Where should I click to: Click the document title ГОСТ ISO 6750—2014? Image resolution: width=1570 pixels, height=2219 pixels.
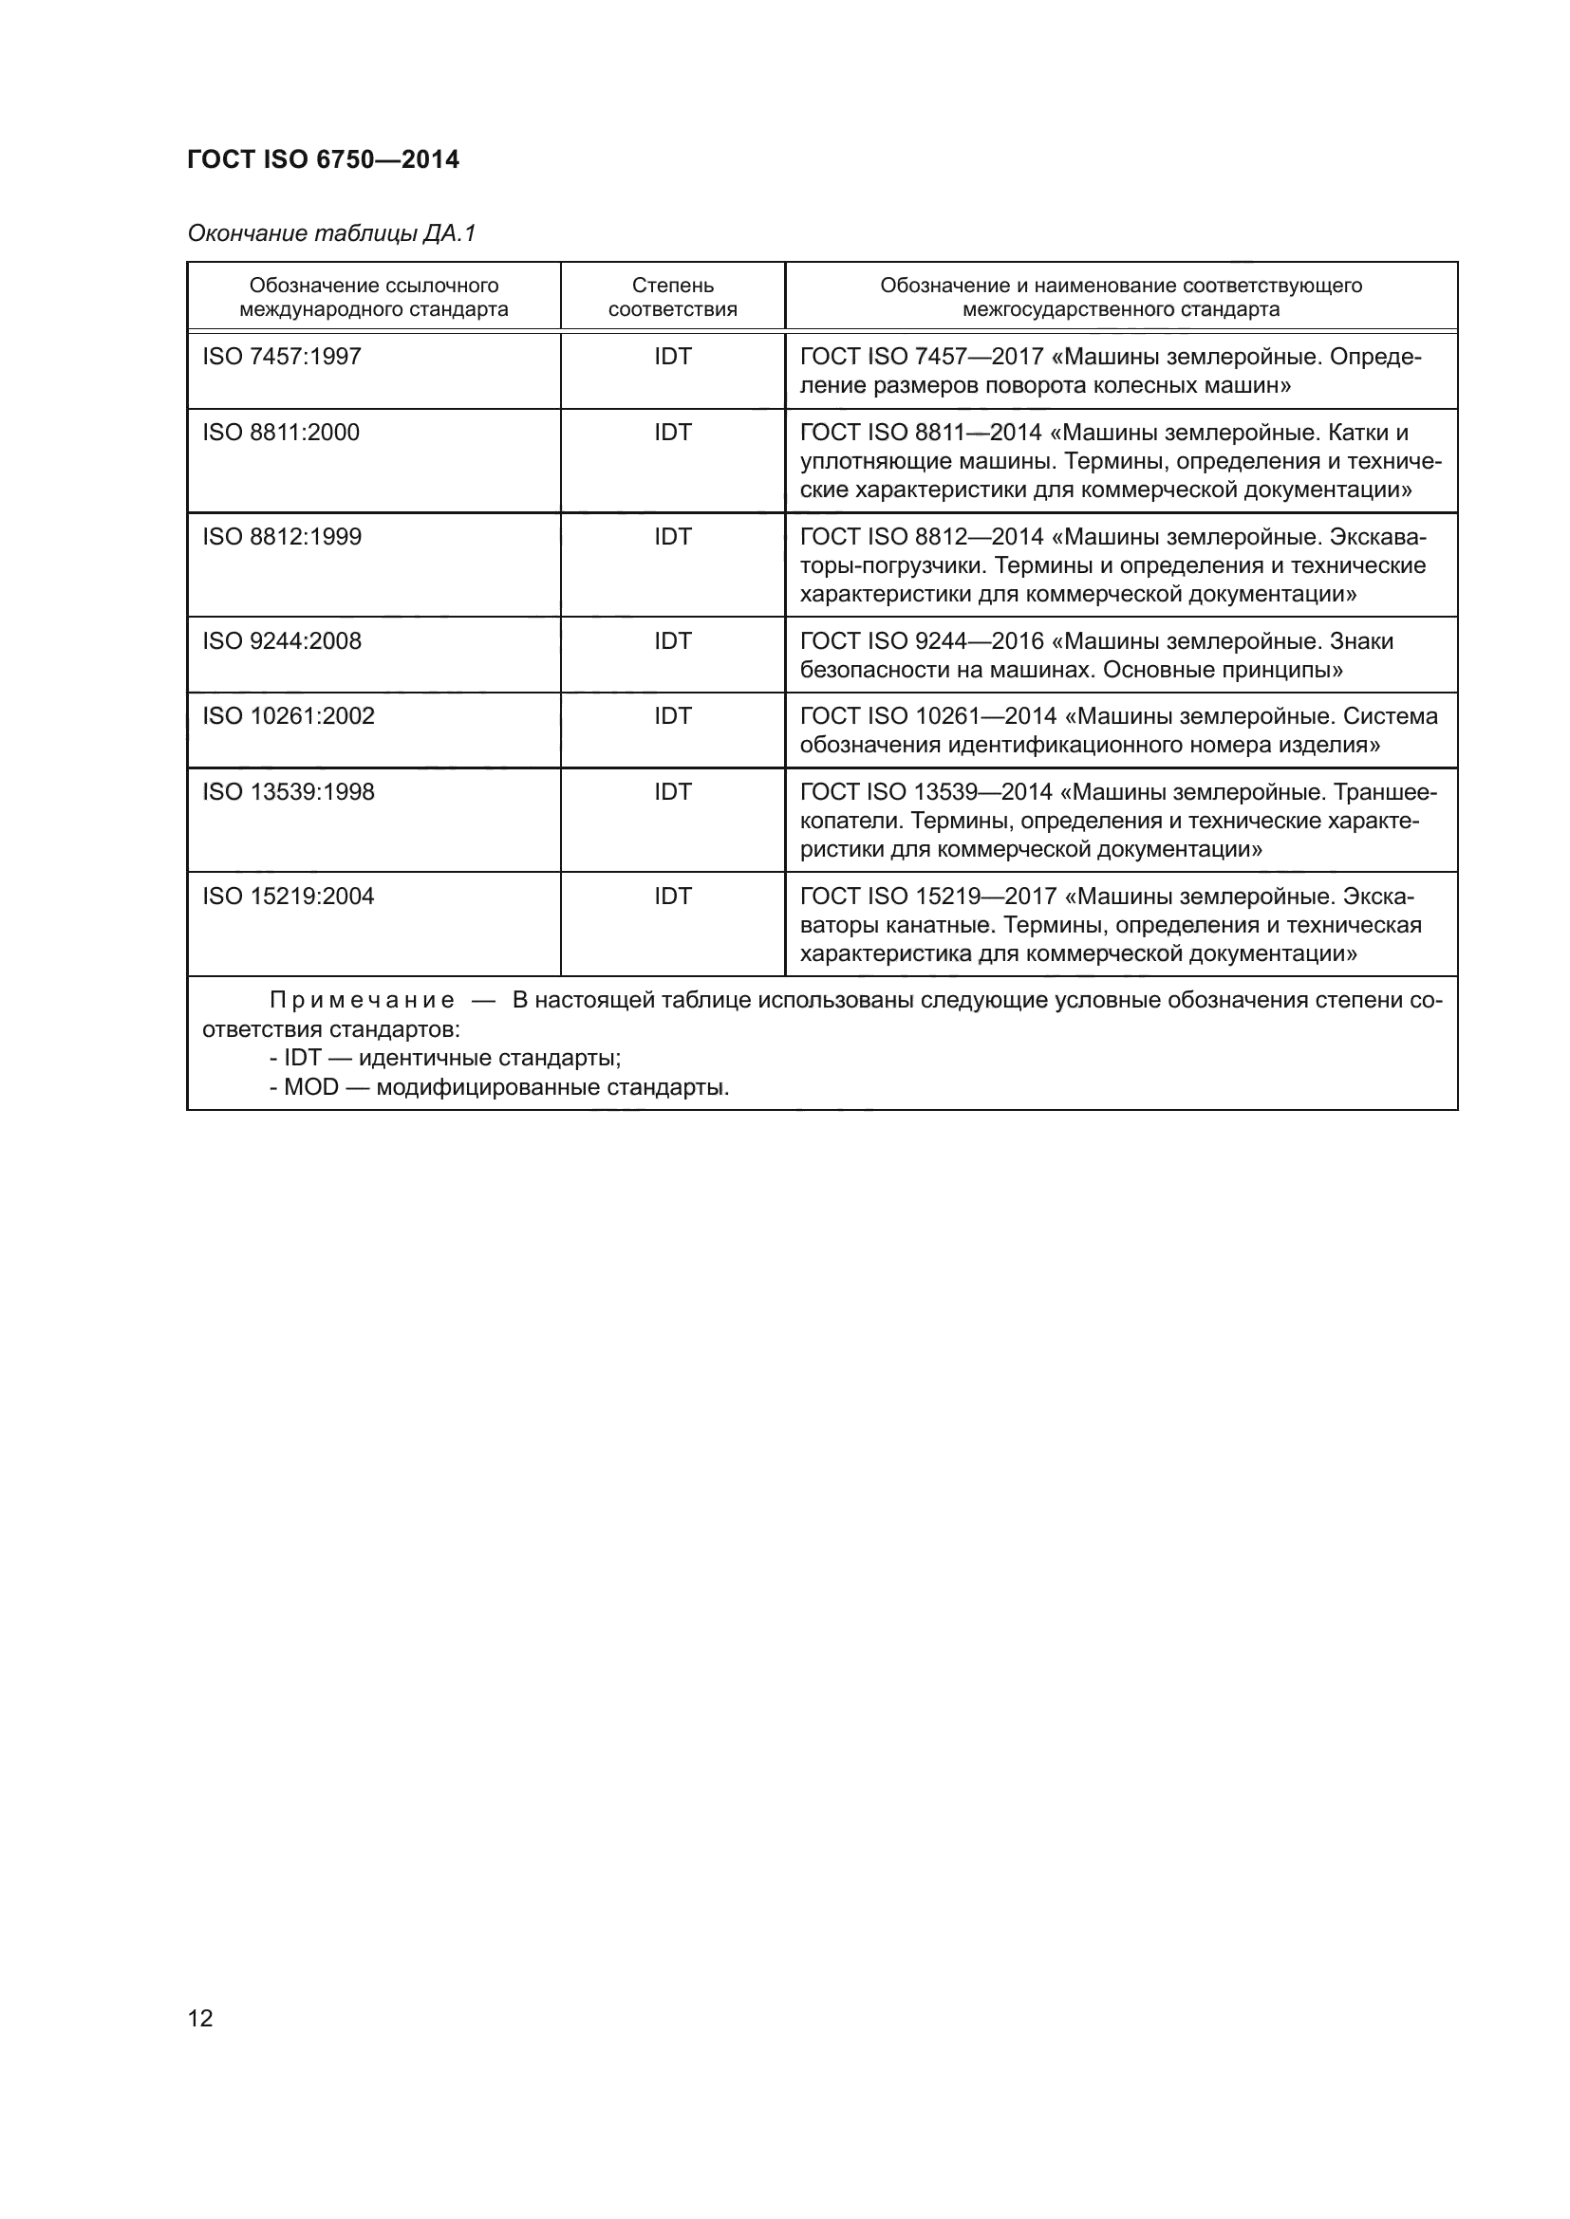tap(323, 159)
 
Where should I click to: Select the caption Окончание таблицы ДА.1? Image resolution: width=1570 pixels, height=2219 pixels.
tap(331, 234)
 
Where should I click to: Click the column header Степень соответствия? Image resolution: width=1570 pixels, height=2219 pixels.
tap(672, 298)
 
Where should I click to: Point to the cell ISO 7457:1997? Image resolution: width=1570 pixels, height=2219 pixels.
tap(281, 357)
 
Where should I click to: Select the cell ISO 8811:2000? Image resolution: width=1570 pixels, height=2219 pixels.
tap(280, 432)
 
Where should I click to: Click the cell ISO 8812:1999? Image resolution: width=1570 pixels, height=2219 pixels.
tap(281, 536)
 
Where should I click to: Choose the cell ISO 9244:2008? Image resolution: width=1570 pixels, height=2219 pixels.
tap(281, 640)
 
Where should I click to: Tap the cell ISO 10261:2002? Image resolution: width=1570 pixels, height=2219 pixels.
tap(289, 716)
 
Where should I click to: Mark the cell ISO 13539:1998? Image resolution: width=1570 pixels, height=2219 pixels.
tap(289, 791)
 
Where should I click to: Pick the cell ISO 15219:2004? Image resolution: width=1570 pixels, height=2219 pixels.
tap(289, 896)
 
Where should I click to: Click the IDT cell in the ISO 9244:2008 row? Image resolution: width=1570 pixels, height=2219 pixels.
tap(673, 640)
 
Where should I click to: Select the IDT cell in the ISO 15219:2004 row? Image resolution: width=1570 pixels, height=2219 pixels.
tap(673, 896)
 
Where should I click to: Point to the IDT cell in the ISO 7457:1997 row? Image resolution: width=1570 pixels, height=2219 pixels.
tap(673, 357)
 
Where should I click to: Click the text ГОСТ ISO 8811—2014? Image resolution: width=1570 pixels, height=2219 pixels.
tap(921, 432)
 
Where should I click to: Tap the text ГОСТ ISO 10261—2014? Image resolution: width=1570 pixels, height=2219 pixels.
tap(928, 716)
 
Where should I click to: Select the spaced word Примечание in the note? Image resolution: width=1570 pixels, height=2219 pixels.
tap(362, 1000)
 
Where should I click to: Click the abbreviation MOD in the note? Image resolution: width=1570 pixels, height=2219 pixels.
tap(311, 1087)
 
